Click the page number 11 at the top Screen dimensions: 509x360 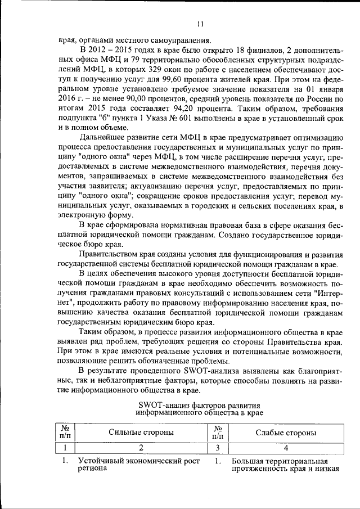click(x=200, y=24)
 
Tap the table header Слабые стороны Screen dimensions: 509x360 click(x=285, y=432)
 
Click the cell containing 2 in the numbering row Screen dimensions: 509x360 click(x=141, y=448)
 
